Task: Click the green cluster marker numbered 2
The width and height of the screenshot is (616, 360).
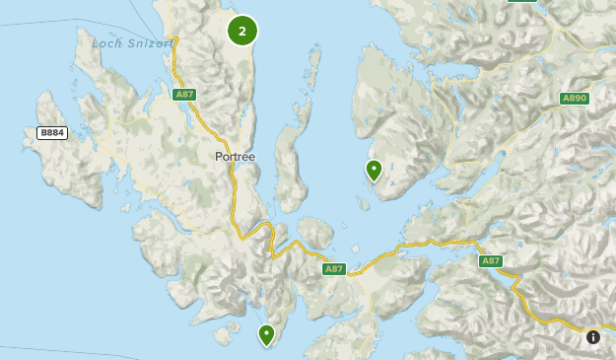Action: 242,31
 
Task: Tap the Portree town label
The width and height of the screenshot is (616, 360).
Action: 235,157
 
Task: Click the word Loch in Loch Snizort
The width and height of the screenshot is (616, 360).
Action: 107,43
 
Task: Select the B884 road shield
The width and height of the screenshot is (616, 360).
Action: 51,132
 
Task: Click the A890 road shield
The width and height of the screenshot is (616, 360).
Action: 574,99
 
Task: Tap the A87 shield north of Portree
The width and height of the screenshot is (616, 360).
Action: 183,95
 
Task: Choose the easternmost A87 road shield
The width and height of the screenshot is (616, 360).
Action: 491,261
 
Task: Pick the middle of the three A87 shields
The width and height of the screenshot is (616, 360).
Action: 334,268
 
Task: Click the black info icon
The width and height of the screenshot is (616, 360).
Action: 593,337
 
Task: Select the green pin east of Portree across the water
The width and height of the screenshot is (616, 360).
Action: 374,170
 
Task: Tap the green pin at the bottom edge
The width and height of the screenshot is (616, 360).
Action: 266,334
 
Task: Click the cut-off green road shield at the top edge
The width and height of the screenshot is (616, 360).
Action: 522,2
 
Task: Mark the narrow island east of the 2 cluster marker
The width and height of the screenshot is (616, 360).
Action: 314,69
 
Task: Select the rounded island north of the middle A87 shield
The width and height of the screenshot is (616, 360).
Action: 315,233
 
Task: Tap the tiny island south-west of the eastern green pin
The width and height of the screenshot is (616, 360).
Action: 364,203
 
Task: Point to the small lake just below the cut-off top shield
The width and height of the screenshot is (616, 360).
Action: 519,22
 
